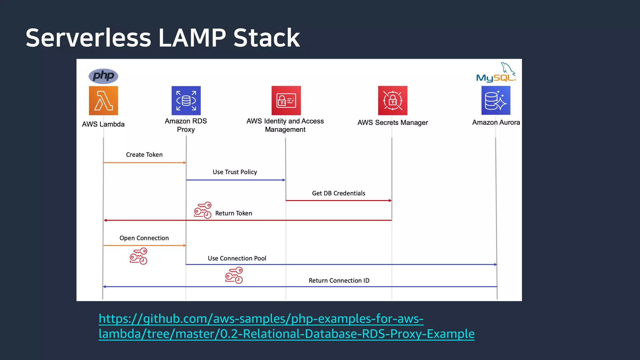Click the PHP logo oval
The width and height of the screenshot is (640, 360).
tap(103, 76)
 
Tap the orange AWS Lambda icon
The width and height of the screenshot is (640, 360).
tap(103, 101)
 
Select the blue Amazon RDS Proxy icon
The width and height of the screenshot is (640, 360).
tap(186, 101)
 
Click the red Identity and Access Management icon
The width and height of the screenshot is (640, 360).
tap(286, 101)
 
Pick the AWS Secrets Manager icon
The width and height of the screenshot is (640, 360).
tap(392, 101)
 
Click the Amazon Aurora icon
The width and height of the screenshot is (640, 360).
tap(496, 101)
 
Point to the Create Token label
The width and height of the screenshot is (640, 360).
tap(144, 155)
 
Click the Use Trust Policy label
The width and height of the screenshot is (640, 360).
tap(235, 172)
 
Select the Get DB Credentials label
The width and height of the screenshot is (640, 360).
tap(338, 193)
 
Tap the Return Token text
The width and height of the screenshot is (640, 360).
tap(233, 213)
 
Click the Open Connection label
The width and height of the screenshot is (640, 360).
tap(144, 238)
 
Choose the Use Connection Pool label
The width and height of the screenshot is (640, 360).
tap(237, 258)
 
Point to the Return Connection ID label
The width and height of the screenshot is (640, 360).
tap(339, 281)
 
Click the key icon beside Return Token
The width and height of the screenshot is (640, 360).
tap(203, 210)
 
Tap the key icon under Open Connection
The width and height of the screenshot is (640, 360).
tap(138, 256)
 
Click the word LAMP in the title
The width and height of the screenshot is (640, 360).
tap(192, 38)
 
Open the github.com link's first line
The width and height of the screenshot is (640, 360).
tap(261, 319)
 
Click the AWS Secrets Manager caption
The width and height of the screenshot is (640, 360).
tap(392, 122)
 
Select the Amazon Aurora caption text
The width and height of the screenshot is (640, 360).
tap(496, 122)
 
